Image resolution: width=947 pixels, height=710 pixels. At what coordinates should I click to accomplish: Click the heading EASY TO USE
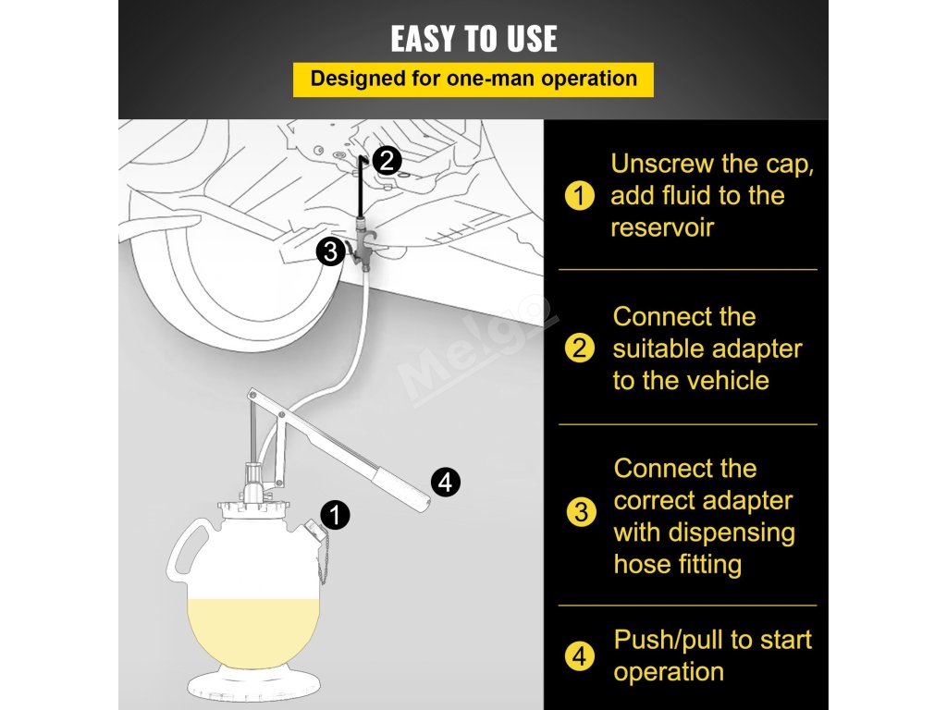pyautogui.click(x=473, y=39)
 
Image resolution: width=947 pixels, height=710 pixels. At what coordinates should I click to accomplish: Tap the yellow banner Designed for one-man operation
pyautogui.click(x=473, y=80)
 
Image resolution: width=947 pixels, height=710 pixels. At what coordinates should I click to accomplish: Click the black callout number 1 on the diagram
pyautogui.click(x=335, y=515)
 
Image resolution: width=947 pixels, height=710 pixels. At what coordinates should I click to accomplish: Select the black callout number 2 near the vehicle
pyautogui.click(x=387, y=161)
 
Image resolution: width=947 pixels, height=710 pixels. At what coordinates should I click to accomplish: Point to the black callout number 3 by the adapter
pyautogui.click(x=331, y=251)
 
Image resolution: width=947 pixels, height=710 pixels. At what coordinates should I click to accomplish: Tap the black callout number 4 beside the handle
pyautogui.click(x=446, y=483)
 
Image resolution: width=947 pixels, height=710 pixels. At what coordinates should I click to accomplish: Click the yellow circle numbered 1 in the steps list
pyautogui.click(x=579, y=196)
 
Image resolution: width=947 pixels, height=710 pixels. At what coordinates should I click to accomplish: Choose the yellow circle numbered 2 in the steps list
pyautogui.click(x=579, y=349)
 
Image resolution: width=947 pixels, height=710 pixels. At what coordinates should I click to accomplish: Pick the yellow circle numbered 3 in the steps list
pyautogui.click(x=581, y=512)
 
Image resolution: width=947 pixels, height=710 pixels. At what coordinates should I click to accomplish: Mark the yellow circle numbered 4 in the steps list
pyautogui.click(x=579, y=655)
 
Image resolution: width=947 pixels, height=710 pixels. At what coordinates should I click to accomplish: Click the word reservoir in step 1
pyautogui.click(x=662, y=227)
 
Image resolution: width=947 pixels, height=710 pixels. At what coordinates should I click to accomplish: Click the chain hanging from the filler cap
pyautogui.click(x=323, y=561)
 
